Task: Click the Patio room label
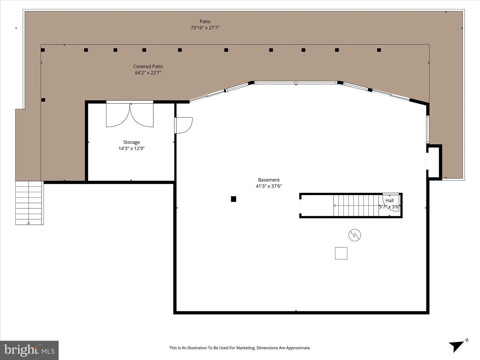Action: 205,22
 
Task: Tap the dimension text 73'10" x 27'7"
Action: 205,28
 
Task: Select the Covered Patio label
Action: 148,67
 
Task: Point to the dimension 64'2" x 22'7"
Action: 148,73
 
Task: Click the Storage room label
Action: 131,142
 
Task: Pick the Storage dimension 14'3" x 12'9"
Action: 131,149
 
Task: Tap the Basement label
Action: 269,180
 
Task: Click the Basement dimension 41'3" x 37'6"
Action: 269,186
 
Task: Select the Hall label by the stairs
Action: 389,201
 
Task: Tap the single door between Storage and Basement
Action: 183,125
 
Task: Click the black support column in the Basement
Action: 234,199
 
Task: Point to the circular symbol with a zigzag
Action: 355,235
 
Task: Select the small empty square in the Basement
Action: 341,253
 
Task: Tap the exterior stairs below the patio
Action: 29,203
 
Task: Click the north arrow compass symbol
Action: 458,345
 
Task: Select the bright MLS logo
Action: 29,350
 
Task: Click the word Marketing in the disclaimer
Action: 245,348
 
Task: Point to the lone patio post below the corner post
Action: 43,100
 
